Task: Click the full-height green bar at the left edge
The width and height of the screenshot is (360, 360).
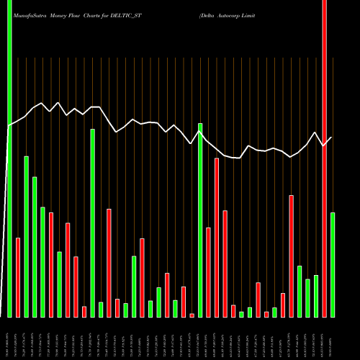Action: pyautogui.click(x=9, y=158)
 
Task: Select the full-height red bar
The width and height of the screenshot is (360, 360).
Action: pyautogui.click(x=324, y=158)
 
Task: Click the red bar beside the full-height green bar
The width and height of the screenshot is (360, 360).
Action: pyautogui.click(x=18, y=277)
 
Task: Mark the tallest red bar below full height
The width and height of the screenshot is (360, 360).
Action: pyautogui.click(x=217, y=238)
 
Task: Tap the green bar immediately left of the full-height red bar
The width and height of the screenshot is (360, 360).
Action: pyautogui.click(x=316, y=296)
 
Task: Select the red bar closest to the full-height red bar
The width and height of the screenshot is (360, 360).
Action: pyautogui.click(x=291, y=256)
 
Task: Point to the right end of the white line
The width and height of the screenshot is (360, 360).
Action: pyautogui.click(x=331, y=138)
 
